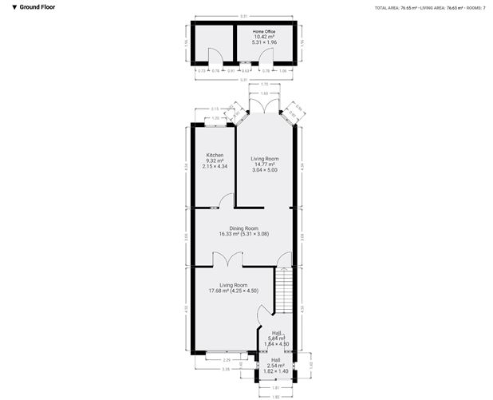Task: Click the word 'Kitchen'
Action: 215,155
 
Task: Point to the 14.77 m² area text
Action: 263,164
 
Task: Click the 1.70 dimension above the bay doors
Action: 263,83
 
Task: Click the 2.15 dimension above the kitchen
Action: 215,109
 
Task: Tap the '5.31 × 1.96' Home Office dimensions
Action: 263,42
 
